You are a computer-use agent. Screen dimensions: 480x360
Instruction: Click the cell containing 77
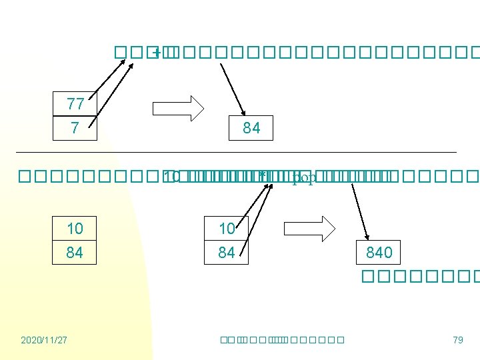pyautogui.click(x=75, y=104)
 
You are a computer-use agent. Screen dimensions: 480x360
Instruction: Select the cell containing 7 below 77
pyautogui.click(x=75, y=127)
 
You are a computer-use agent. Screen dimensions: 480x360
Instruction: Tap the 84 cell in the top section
pyautogui.click(x=251, y=127)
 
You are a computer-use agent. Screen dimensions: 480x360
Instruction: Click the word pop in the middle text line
pyautogui.click(x=305, y=177)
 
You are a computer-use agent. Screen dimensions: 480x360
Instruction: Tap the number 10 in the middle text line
pyautogui.click(x=171, y=177)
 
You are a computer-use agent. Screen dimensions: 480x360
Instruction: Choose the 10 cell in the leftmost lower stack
pyautogui.click(x=75, y=229)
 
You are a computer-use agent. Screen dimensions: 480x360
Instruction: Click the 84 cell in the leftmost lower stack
pyautogui.click(x=75, y=253)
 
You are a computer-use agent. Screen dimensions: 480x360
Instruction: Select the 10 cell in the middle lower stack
pyautogui.click(x=227, y=229)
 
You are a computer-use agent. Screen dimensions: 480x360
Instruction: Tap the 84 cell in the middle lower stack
pyautogui.click(x=227, y=253)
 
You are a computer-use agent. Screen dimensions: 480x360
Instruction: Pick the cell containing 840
pyautogui.click(x=379, y=253)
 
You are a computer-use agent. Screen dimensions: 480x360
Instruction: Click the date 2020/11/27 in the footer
pyautogui.click(x=44, y=340)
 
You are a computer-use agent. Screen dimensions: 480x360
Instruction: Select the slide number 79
pyautogui.click(x=457, y=340)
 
